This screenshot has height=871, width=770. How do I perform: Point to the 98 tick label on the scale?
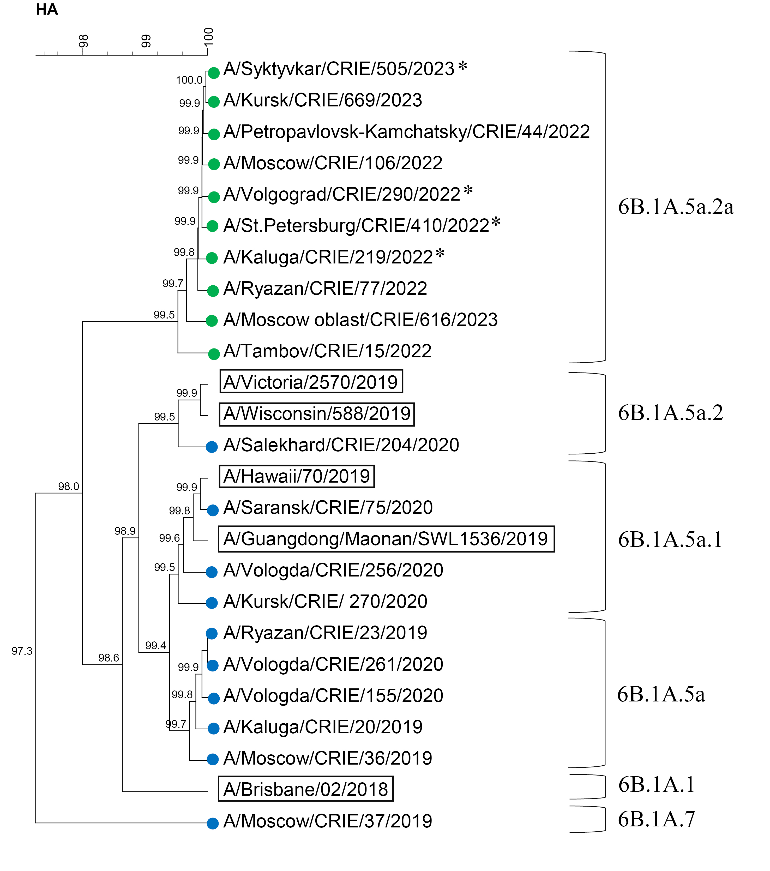click(x=83, y=41)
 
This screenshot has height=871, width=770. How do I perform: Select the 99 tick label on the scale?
click(x=146, y=41)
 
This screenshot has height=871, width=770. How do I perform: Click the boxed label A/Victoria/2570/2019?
click(x=311, y=382)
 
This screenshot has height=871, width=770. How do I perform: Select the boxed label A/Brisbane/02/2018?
click(x=305, y=789)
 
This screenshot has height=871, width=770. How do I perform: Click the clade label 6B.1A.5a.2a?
click(x=675, y=207)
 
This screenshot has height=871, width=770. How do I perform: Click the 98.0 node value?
click(x=69, y=486)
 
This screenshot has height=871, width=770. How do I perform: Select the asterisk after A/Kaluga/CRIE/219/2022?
click(x=440, y=254)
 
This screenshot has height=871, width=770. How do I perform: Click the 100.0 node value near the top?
click(x=189, y=80)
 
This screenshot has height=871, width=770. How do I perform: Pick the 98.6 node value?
click(x=109, y=658)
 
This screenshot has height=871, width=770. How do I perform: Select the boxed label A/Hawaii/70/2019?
click(x=297, y=476)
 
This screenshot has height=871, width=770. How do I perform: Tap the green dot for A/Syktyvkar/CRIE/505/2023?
click(x=214, y=73)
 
